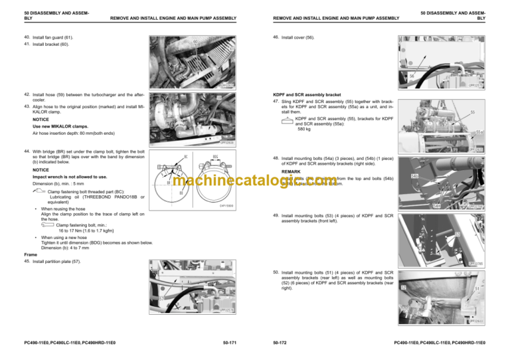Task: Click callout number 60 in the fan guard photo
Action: click(x=195, y=41)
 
